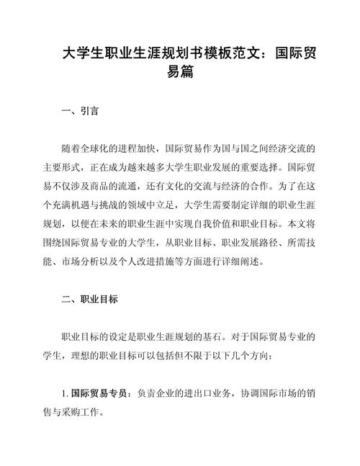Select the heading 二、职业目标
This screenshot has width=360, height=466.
coord(89,298)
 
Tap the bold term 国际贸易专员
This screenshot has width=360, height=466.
coord(99,393)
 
